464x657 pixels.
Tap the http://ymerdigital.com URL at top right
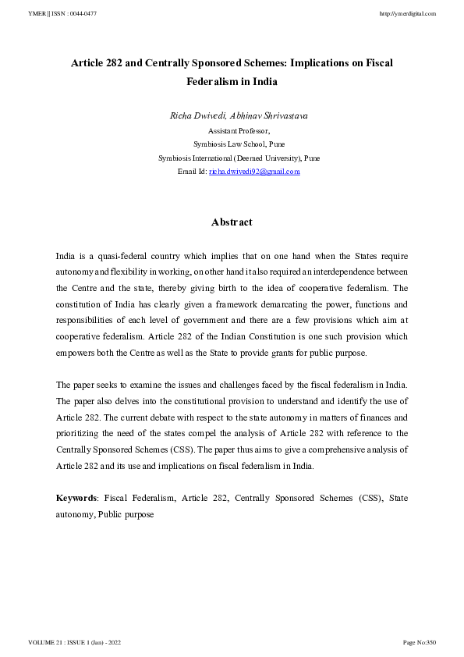click(407, 14)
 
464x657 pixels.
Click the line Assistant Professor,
click(232, 131)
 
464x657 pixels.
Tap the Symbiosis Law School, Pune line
click(232, 144)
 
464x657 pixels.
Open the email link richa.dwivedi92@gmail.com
click(254, 172)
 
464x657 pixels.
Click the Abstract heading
click(232, 222)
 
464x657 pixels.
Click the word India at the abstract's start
click(66, 256)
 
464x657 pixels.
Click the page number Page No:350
click(419, 642)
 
